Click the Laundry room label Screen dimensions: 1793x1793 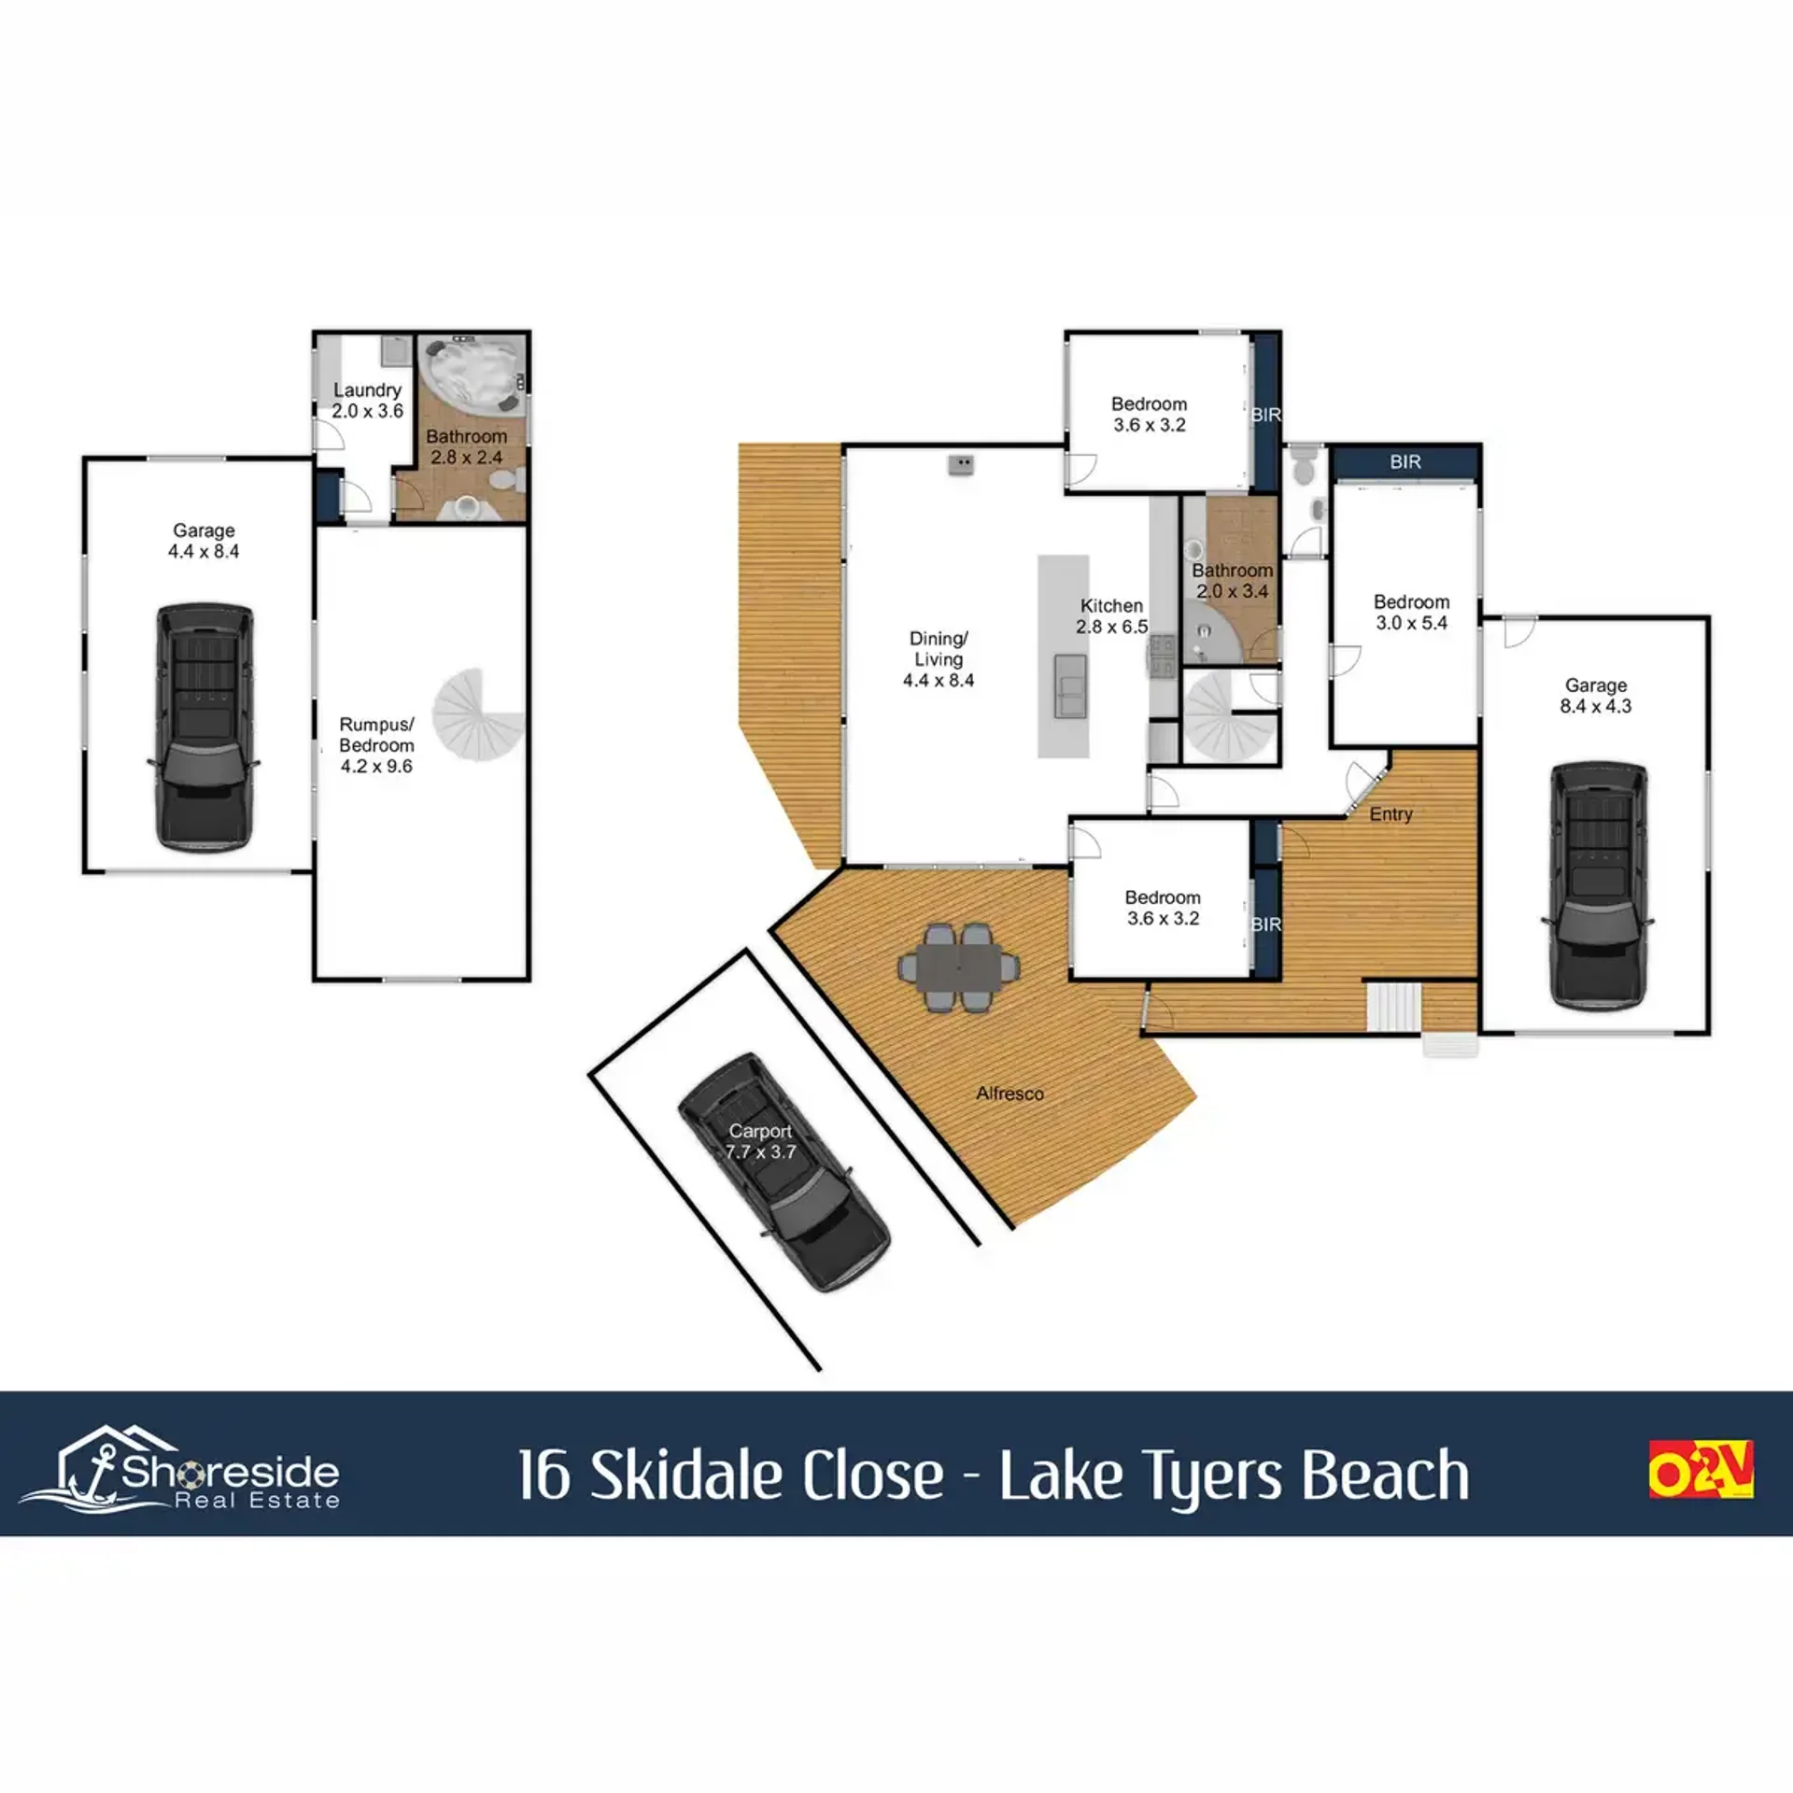click(368, 401)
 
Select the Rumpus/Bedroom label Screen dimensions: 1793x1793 click(376, 745)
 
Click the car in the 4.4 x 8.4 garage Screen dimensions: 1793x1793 click(204, 728)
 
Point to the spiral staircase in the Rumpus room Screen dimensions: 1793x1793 click(476, 715)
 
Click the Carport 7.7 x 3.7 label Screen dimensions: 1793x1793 click(761, 1141)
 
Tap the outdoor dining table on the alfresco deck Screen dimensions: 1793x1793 click(958, 967)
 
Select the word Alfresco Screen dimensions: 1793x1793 click(1009, 1093)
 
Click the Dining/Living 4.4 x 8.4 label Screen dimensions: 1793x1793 click(939, 659)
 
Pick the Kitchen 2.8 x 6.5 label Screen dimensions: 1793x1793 click(1111, 616)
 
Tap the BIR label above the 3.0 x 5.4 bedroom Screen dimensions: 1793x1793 click(1405, 461)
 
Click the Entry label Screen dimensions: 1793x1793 click(1391, 814)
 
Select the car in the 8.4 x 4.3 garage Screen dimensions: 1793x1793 click(1597, 885)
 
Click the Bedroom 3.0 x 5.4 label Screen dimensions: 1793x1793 click(1411, 613)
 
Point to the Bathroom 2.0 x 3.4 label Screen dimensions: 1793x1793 click(1232, 581)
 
